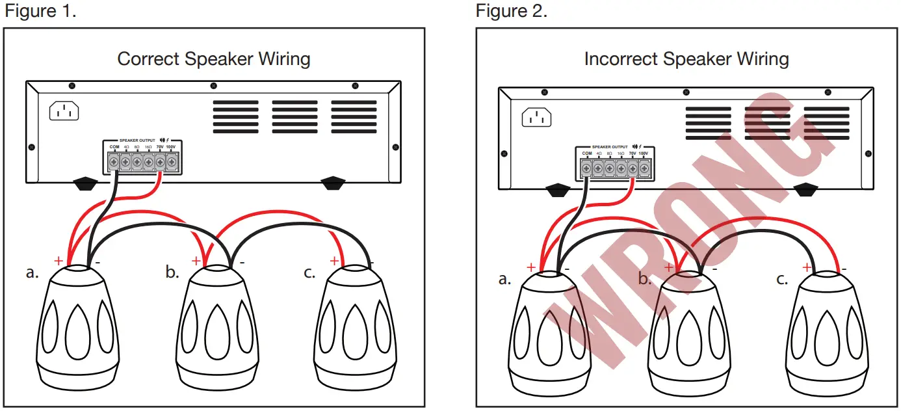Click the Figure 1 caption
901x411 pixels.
tap(40, 11)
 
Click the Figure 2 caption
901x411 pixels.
tap(512, 11)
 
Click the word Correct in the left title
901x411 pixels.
tap(148, 59)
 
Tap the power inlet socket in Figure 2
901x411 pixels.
tap(536, 118)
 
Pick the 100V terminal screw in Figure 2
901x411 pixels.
tap(644, 169)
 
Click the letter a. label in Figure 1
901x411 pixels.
tap(32, 272)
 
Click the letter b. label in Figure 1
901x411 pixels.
tap(172, 272)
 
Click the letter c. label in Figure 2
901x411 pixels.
tap(782, 280)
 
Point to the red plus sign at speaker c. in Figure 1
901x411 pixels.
tap(335, 261)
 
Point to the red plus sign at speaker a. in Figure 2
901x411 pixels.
tap(531, 267)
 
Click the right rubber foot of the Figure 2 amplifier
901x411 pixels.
tap(805, 190)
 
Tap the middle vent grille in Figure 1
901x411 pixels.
tap(294, 117)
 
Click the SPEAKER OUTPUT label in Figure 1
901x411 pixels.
tap(137, 140)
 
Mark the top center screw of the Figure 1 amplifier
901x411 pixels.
tap(213, 86)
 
